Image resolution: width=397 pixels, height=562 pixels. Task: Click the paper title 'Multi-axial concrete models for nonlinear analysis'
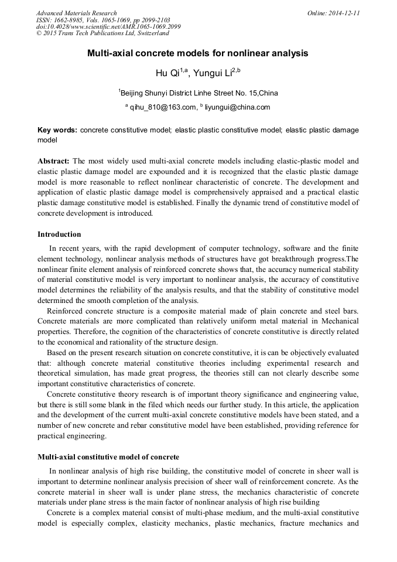[x=198, y=53]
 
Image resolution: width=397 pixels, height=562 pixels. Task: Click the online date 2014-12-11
[x=345, y=13]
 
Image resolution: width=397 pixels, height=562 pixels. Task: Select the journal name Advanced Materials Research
[x=77, y=13]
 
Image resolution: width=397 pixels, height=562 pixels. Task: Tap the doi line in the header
[x=108, y=27]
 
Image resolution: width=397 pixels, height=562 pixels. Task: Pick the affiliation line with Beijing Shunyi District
[x=199, y=93]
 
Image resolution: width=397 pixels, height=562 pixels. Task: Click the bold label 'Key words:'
[x=57, y=130]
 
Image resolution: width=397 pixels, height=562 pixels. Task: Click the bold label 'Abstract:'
[x=53, y=161]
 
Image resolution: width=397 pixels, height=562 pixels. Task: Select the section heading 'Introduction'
[x=59, y=234]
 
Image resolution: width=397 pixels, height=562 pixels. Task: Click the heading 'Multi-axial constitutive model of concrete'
[x=108, y=457]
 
